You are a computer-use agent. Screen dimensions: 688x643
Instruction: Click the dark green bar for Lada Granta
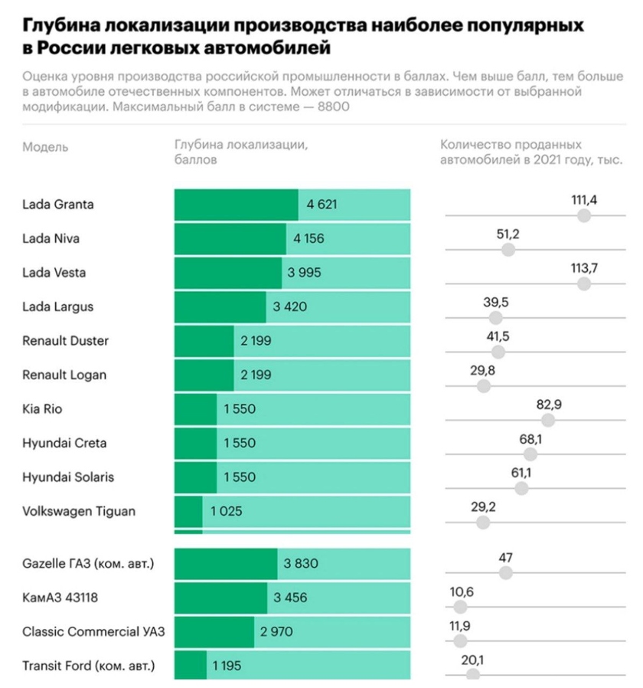pos(236,205)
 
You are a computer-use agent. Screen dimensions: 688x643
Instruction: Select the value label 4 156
pos(308,239)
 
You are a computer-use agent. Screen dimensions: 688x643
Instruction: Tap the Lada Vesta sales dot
pos(584,283)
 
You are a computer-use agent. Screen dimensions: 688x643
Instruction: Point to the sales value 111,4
pos(584,200)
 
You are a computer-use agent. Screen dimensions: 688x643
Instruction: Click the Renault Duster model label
pos(65,341)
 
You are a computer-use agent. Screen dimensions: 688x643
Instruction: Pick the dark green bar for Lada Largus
pos(220,307)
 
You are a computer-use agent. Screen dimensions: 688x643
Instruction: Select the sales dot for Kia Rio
pos(548,420)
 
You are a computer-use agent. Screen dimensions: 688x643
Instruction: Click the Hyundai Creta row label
pos(64,443)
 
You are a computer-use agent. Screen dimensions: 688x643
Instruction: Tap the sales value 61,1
pos(521,472)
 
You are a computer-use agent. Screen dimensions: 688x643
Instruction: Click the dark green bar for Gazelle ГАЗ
pos(226,565)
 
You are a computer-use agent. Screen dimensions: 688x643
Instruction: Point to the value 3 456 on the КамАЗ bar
pos(289,598)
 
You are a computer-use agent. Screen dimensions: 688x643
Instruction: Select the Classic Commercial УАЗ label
pos(93,632)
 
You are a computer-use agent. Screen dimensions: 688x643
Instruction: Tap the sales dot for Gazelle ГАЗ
pos(505,572)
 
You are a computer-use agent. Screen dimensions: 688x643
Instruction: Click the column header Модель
pos(45,146)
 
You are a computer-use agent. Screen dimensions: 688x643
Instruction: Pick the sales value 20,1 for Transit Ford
pos(473,660)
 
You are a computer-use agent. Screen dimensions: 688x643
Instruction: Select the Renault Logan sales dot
pos(483,386)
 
